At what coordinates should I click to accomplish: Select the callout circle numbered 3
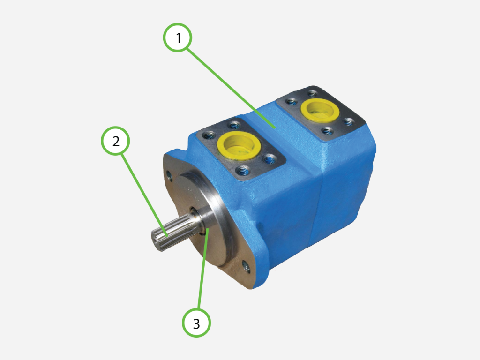pos(196,322)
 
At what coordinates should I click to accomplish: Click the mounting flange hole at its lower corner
pos(246,268)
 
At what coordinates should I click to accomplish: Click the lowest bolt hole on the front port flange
pos(242,169)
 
